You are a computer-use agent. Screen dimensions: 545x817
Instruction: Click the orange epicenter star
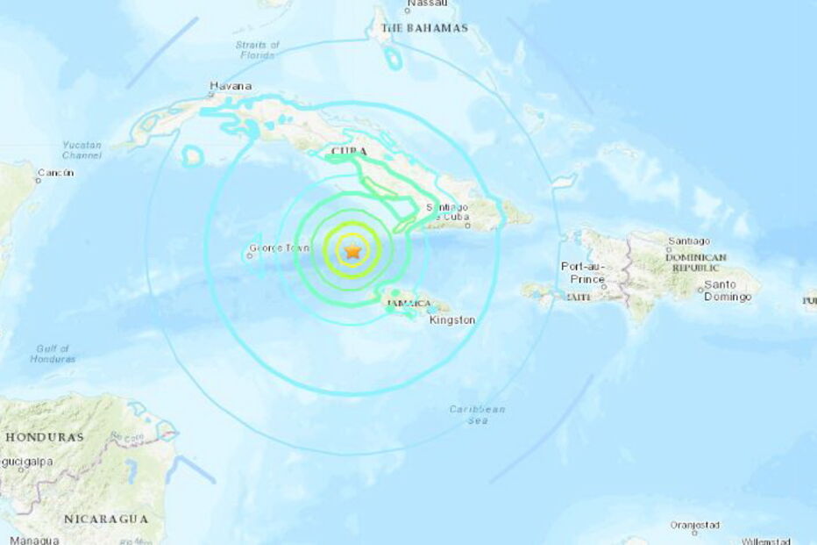(x=352, y=252)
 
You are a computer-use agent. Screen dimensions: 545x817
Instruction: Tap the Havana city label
(x=231, y=86)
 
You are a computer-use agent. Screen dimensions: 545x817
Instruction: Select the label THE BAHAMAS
(x=424, y=28)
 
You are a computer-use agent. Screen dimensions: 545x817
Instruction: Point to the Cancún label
(x=54, y=173)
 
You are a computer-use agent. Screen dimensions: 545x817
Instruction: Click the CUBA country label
(x=348, y=153)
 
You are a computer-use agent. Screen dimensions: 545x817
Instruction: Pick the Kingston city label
(x=452, y=320)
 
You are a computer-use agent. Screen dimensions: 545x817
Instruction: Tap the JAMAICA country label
(x=408, y=304)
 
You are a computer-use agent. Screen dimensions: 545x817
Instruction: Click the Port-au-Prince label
(x=583, y=272)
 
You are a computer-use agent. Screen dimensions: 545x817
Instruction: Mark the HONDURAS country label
(x=45, y=436)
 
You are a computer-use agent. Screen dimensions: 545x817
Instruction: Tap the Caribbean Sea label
(x=477, y=415)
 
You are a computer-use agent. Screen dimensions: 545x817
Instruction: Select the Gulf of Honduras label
(x=53, y=353)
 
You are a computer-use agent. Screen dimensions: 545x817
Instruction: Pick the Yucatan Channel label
(x=82, y=150)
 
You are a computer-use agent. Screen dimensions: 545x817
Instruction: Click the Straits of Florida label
(x=257, y=50)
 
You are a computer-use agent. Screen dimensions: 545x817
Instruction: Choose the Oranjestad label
(x=694, y=525)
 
